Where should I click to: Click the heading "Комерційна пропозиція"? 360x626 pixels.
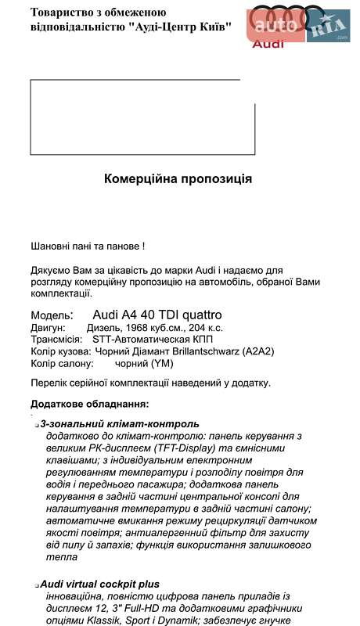click(x=178, y=178)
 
